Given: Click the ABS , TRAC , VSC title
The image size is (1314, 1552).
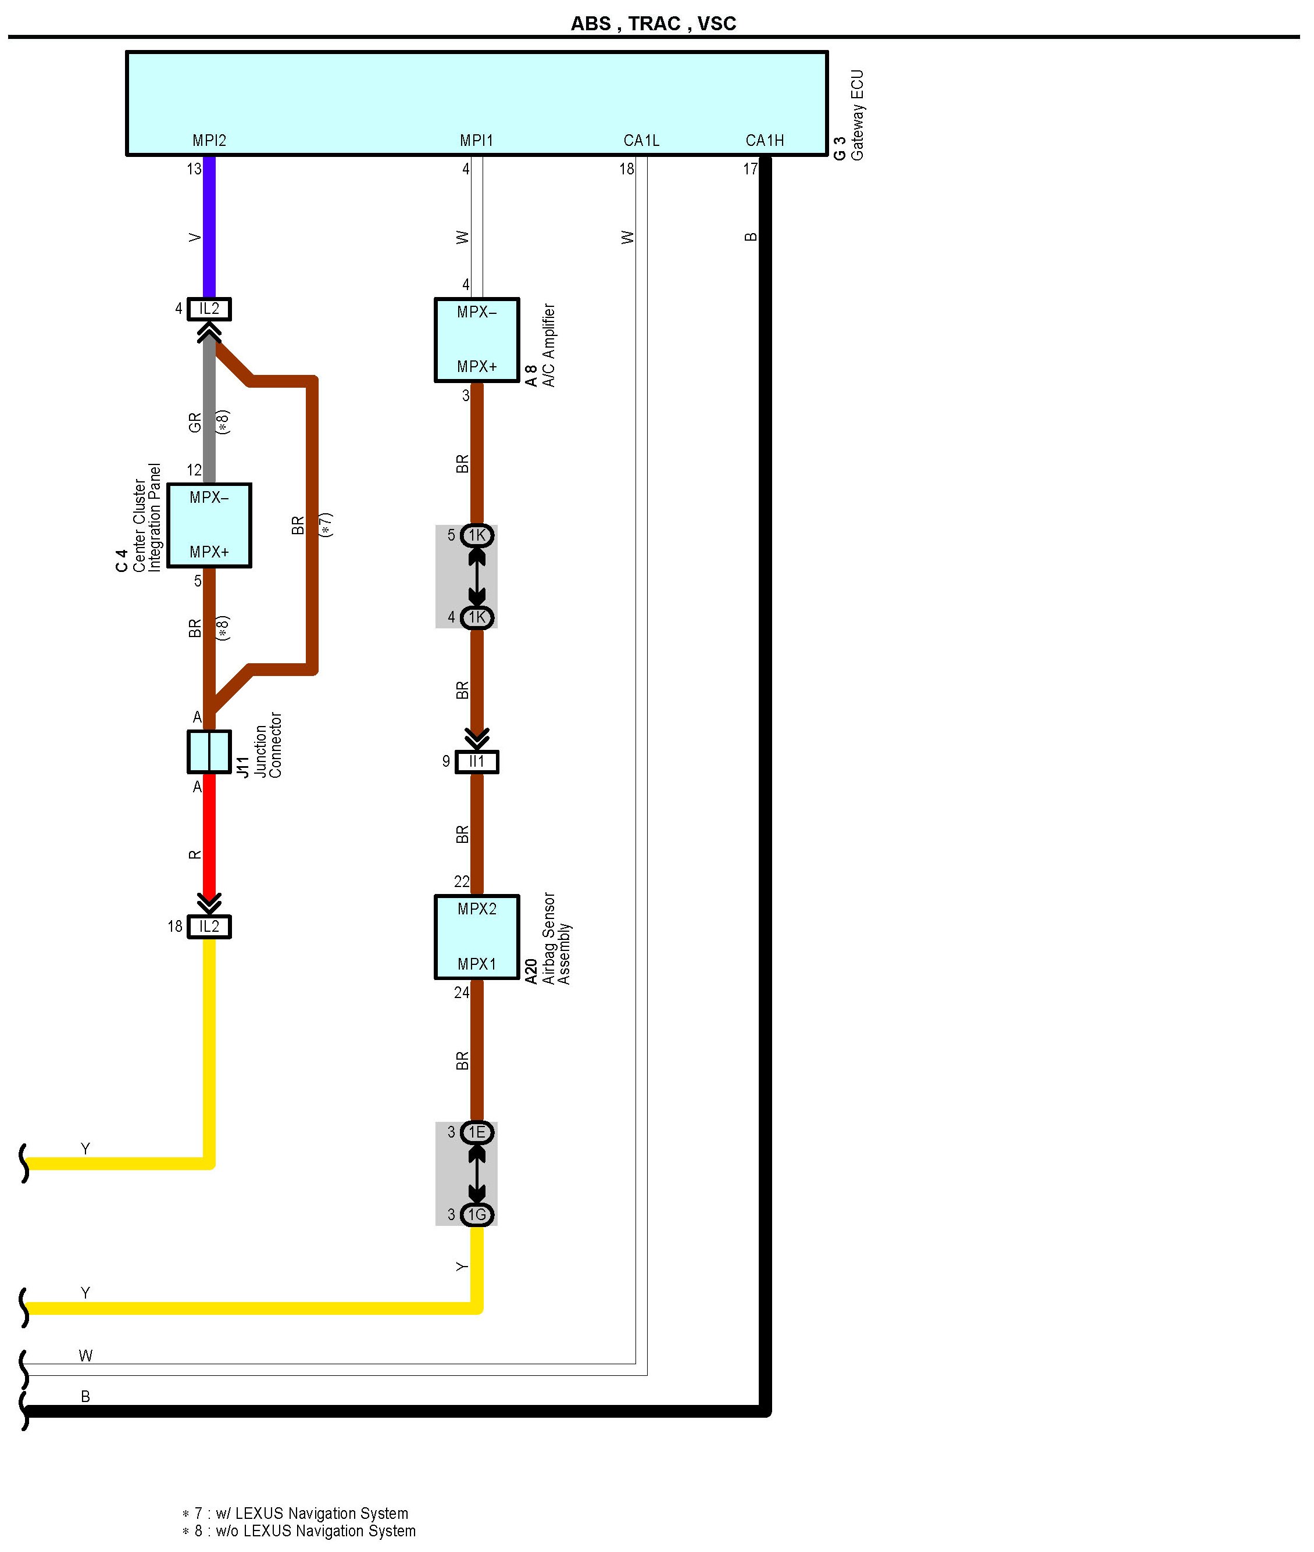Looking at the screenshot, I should pyautogui.click(x=654, y=24).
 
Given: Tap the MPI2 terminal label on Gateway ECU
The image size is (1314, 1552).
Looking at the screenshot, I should pyautogui.click(x=209, y=140).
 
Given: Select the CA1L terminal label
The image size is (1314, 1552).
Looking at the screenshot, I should pyautogui.click(x=641, y=140).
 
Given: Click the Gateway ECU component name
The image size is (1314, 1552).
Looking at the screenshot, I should pyautogui.click(x=856, y=116).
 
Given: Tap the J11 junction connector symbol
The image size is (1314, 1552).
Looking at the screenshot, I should pyautogui.click(x=209, y=752).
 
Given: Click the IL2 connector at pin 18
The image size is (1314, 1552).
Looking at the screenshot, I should pyautogui.click(x=209, y=927).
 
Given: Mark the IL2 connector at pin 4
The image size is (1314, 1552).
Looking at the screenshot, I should pyautogui.click(x=209, y=308).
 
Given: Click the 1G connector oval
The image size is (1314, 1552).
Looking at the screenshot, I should pyautogui.click(x=477, y=1215).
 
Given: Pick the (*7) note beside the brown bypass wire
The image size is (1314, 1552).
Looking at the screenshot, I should pyautogui.click(x=326, y=525).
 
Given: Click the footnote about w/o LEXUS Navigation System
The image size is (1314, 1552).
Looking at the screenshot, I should pyautogui.click(x=299, y=1530).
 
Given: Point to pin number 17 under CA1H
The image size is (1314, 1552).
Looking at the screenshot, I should pyautogui.click(x=750, y=169).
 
